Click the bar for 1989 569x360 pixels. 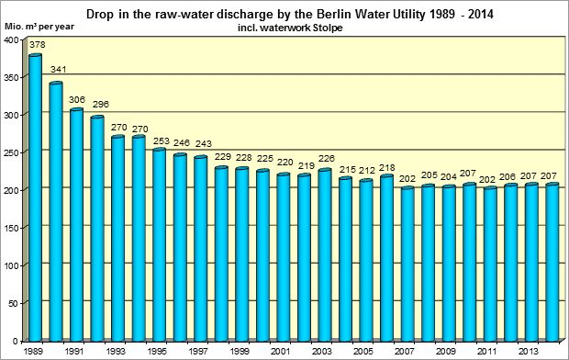[x=36, y=197]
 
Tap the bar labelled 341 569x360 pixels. [x=57, y=211]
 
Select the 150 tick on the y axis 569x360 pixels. [x=11, y=227]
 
